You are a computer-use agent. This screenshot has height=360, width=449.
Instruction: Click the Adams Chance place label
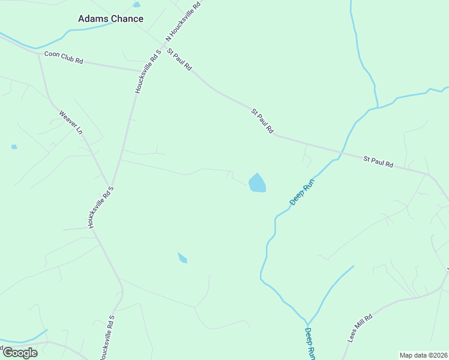point(110,19)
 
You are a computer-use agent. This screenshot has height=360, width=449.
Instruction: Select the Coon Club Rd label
point(63,58)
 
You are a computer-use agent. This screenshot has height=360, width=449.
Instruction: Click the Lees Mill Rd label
point(360,328)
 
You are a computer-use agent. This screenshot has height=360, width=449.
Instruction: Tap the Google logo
point(20,352)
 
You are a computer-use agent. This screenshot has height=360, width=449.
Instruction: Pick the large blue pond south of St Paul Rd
point(258,183)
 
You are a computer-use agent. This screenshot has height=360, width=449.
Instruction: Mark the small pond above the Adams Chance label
point(137,5)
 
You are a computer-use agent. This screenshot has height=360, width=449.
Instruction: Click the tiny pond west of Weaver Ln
point(14,146)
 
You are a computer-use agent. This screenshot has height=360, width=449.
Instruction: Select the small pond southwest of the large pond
point(182,258)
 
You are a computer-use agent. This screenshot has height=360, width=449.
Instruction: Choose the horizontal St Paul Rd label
point(378,162)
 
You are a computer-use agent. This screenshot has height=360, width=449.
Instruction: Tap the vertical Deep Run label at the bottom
point(310,343)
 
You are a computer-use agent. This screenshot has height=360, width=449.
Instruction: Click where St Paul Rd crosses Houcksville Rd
point(163,43)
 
